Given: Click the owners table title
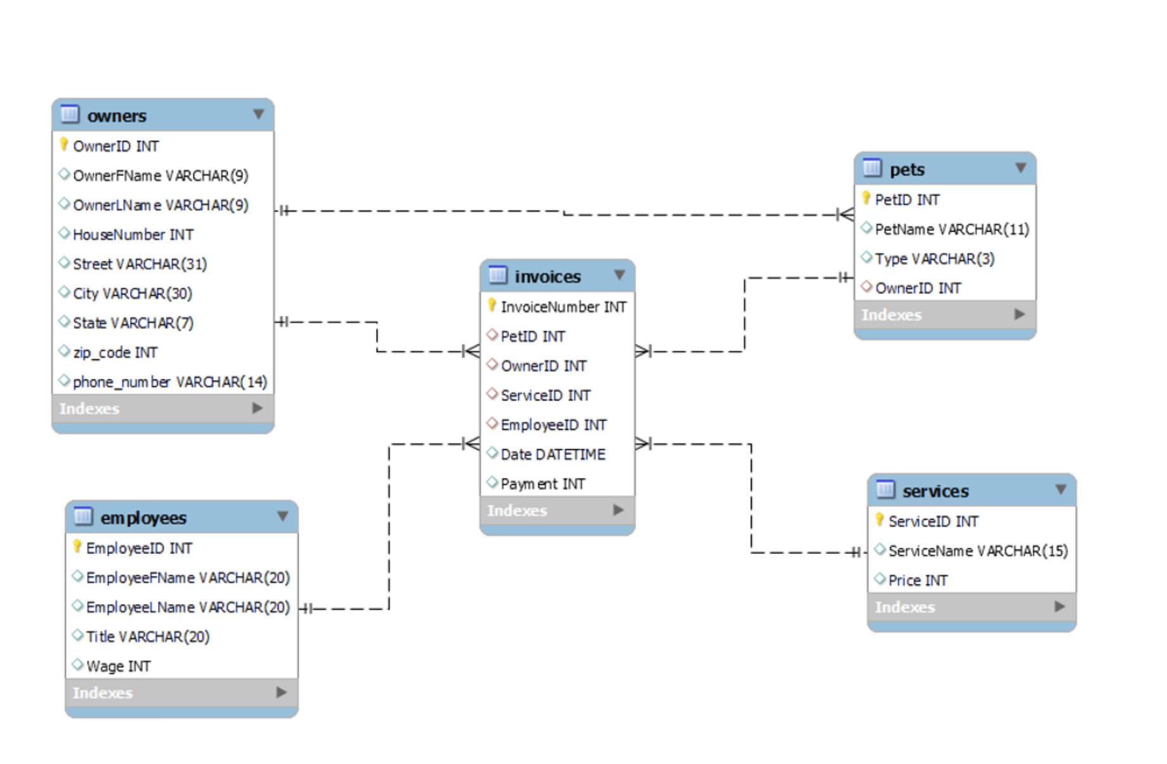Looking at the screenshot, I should tap(117, 116).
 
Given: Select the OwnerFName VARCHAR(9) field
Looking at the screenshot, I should tap(160, 176).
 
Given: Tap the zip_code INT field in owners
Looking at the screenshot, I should tap(115, 353).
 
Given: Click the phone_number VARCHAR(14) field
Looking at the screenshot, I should tap(169, 382).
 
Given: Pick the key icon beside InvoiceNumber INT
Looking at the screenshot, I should tap(492, 306).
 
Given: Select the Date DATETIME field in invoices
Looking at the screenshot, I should tap(552, 454).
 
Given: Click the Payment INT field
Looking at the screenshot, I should tap(542, 484).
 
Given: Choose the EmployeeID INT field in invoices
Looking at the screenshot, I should tap(553, 425).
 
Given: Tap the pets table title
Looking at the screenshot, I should tap(906, 169).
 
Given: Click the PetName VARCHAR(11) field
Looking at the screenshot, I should tap(951, 230).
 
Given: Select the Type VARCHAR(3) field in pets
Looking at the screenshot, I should tap(934, 259).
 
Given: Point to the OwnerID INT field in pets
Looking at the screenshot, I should tap(917, 289).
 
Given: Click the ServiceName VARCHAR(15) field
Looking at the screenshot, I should tap(977, 551).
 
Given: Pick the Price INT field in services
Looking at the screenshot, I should tap(917, 581).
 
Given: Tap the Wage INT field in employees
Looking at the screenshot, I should tap(118, 666).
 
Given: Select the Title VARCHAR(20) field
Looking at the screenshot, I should tap(147, 636).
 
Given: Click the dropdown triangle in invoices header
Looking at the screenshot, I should tap(620, 275).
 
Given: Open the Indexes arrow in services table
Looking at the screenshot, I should tap(1059, 607).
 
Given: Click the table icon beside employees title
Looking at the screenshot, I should tap(83, 517).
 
